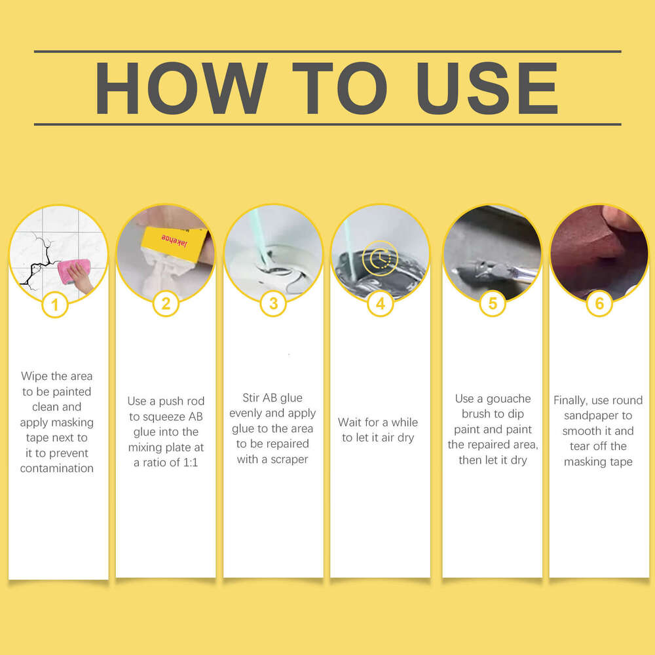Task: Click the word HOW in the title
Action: coord(181,88)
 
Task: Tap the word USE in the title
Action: coord(487,88)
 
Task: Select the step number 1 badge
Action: coord(55,305)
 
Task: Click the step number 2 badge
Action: coord(166,304)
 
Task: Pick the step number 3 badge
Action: coord(273,303)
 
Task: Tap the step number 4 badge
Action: coord(380,303)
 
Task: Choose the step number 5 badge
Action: coord(493,303)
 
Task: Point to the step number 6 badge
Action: coord(599,303)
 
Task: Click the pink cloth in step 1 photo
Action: coord(73,271)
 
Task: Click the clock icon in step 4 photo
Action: coord(380,259)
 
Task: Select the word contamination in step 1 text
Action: coord(57,468)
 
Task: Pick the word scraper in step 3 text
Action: coord(290,460)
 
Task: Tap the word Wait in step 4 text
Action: coord(349,422)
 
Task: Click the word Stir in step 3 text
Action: coord(250,398)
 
